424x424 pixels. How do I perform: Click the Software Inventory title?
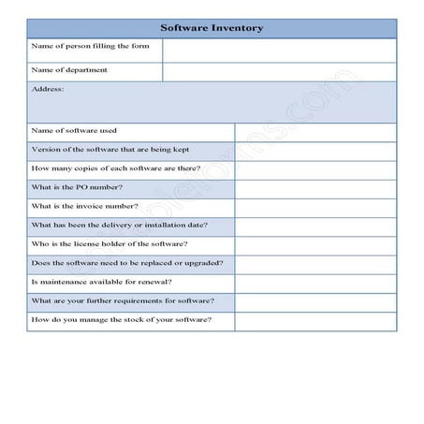pyautogui.click(x=212, y=28)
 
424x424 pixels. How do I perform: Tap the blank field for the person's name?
pyautogui.click(x=279, y=50)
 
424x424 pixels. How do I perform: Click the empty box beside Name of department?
pyautogui.click(x=279, y=72)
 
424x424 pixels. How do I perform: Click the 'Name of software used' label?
pyautogui.click(x=74, y=131)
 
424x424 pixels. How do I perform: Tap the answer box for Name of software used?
pyautogui.click(x=314, y=132)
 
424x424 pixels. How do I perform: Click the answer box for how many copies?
pyautogui.click(x=314, y=170)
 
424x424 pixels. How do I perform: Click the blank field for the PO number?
pyautogui.click(x=314, y=189)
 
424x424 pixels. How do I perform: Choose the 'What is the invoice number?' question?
pyautogui.click(x=85, y=207)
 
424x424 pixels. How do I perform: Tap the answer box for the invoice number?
pyautogui.click(x=314, y=208)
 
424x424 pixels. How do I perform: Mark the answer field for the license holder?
pyautogui.click(x=314, y=246)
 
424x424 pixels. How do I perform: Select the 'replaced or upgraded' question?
pyautogui.click(x=120, y=264)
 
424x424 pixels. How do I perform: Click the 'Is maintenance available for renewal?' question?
pyautogui.click(x=102, y=283)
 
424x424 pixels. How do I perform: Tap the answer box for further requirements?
pyautogui.click(x=314, y=302)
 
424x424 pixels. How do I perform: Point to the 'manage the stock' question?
pyautogui.click(x=121, y=321)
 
